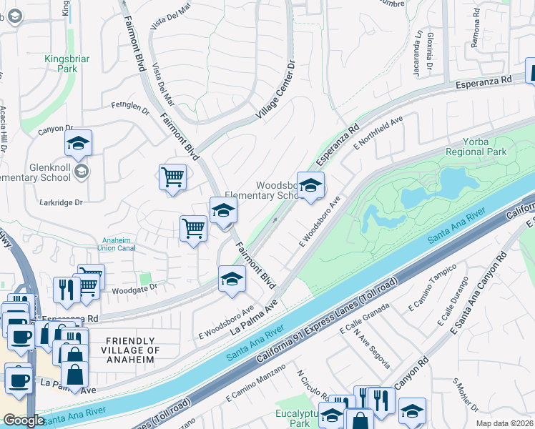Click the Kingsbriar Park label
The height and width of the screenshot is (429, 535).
[61, 63]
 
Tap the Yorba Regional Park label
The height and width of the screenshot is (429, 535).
[476, 147]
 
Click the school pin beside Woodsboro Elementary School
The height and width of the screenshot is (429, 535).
[310, 187]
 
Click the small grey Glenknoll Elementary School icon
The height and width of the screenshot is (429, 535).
[82, 171]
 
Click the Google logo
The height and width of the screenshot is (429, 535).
[24, 420]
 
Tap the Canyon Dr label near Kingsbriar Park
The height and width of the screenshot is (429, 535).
[51, 130]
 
